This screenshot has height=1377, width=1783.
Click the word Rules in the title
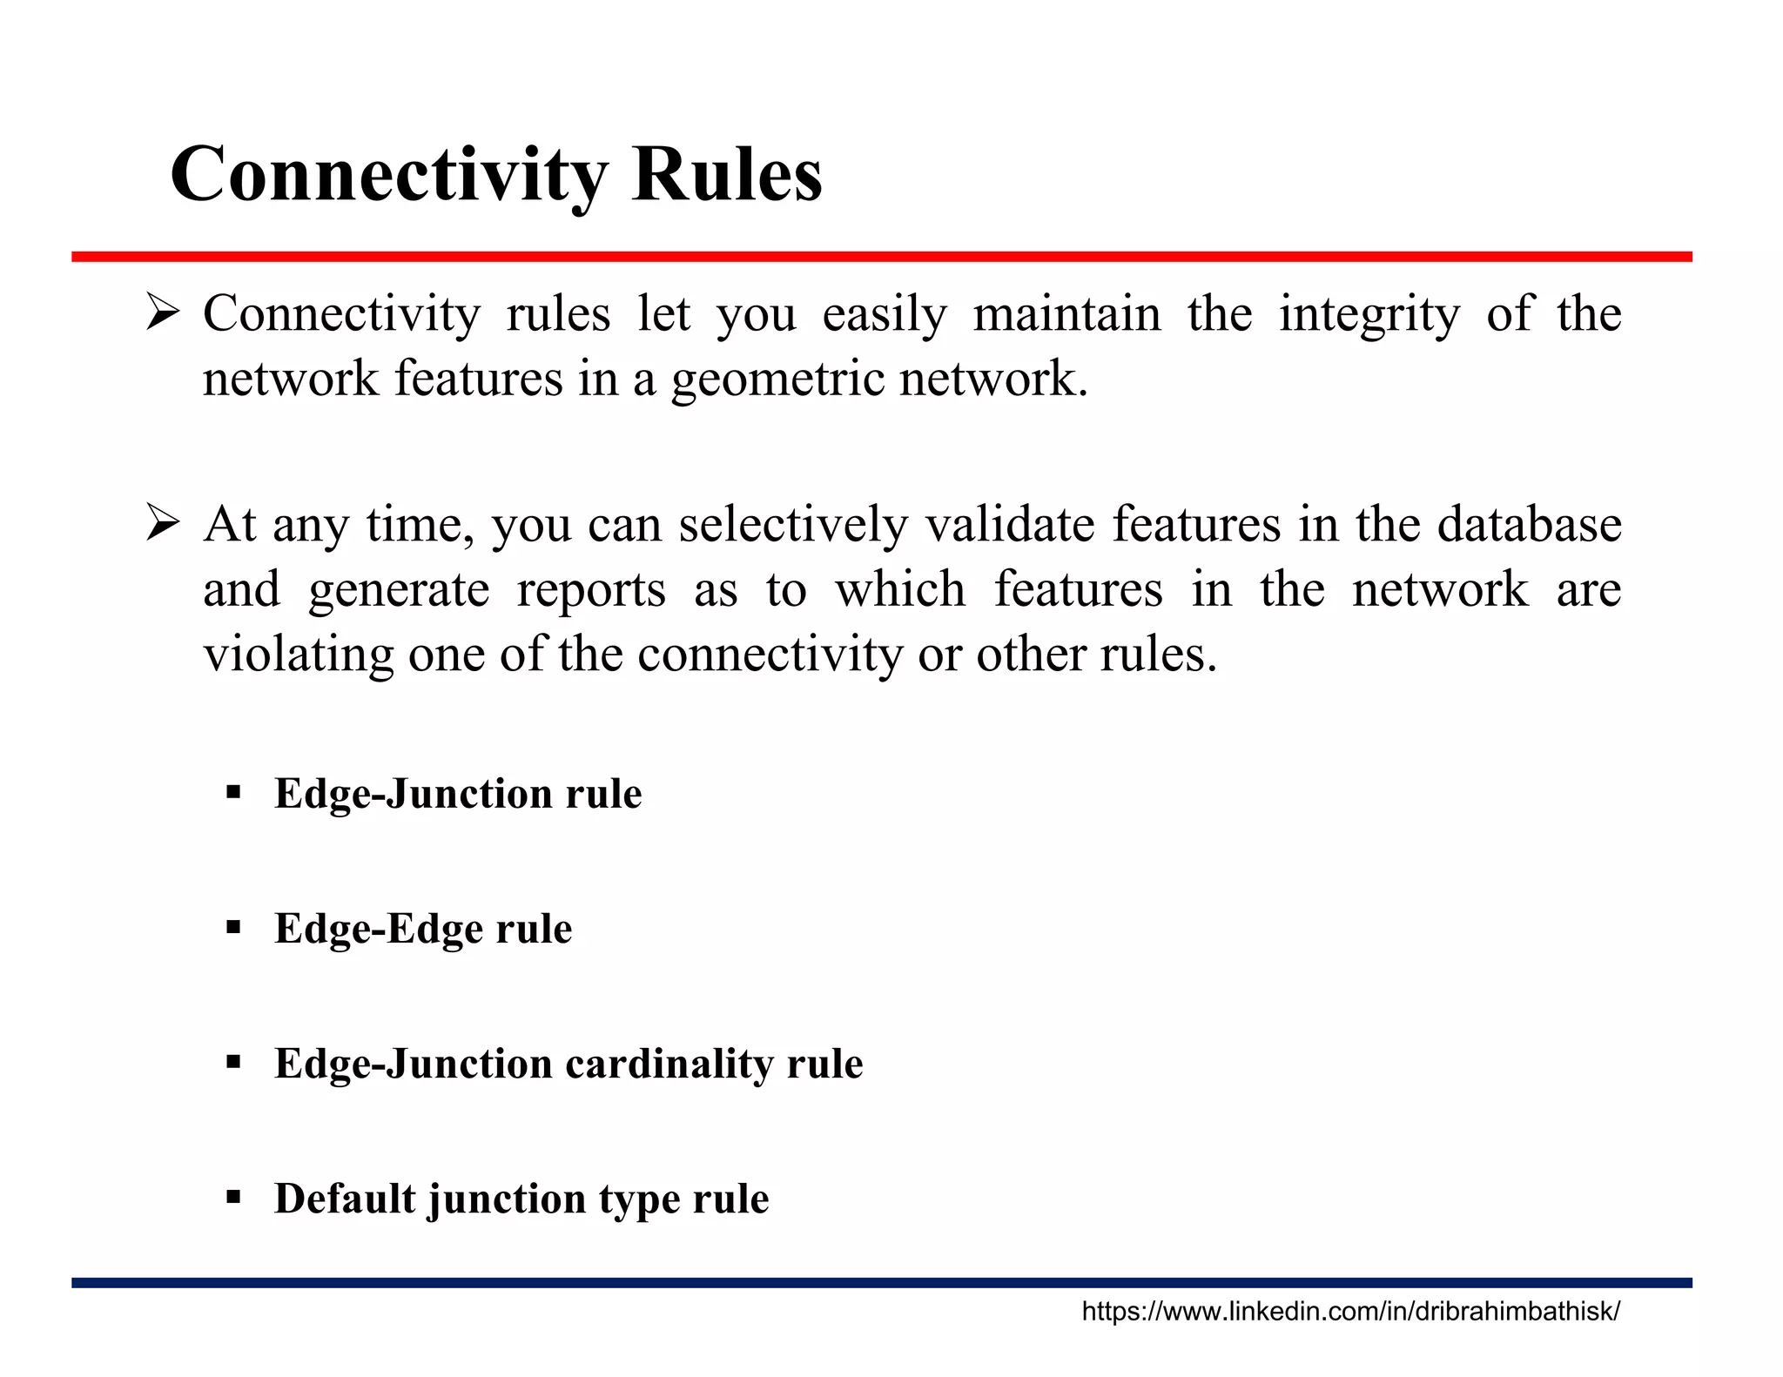(x=726, y=175)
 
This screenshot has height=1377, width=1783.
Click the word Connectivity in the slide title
(x=387, y=175)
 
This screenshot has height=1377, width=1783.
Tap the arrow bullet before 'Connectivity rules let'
(x=163, y=313)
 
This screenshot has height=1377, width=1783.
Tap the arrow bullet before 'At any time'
(x=163, y=524)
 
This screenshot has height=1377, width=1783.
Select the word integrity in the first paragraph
(x=1369, y=315)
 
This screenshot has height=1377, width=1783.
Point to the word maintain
(x=1066, y=313)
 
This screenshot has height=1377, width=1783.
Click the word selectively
(x=792, y=526)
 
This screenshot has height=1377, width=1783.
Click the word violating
(x=298, y=655)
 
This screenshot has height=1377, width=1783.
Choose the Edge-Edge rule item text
(x=423, y=929)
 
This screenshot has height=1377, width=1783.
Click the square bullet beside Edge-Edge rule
(x=232, y=928)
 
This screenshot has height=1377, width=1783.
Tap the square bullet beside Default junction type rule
(x=232, y=1198)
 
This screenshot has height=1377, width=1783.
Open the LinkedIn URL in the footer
(x=1350, y=1312)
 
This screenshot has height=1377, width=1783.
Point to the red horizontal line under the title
(x=881, y=257)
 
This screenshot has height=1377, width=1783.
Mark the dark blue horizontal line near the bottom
(x=881, y=1282)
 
